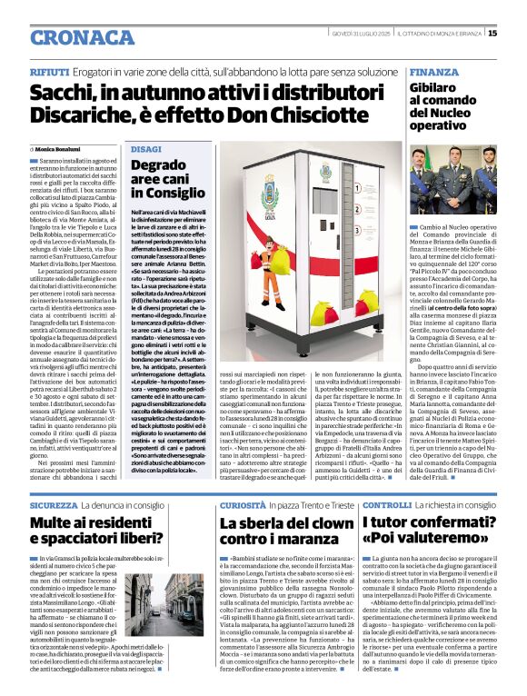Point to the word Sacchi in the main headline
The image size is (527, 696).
65,93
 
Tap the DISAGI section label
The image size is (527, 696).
146,147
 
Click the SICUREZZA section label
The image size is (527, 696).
54,478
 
